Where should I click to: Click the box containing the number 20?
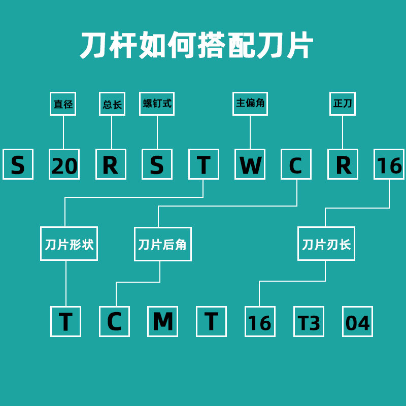tap(64, 164)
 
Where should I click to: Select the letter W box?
tap(250, 164)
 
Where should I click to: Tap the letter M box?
tap(162, 321)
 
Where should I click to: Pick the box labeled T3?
tap(309, 321)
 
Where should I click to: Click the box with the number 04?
tap(358, 321)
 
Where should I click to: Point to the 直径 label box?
tap(63, 104)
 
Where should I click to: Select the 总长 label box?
tap(112, 104)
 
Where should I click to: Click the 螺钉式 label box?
tap(157, 104)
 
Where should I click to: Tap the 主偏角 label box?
tap(250, 104)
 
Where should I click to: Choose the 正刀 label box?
tap(343, 104)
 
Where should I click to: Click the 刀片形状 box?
tap(69, 244)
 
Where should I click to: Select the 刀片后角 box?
tap(163, 244)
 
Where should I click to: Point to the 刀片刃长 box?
tap(326, 244)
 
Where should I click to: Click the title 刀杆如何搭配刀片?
tap(197, 45)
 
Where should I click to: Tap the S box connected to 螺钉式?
tap(157, 164)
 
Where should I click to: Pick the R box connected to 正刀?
tap(343, 164)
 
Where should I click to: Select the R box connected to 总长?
tap(111, 164)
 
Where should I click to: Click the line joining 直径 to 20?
tap(63, 132)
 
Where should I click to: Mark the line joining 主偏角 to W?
tap(250, 132)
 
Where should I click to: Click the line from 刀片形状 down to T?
tap(66, 283)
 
